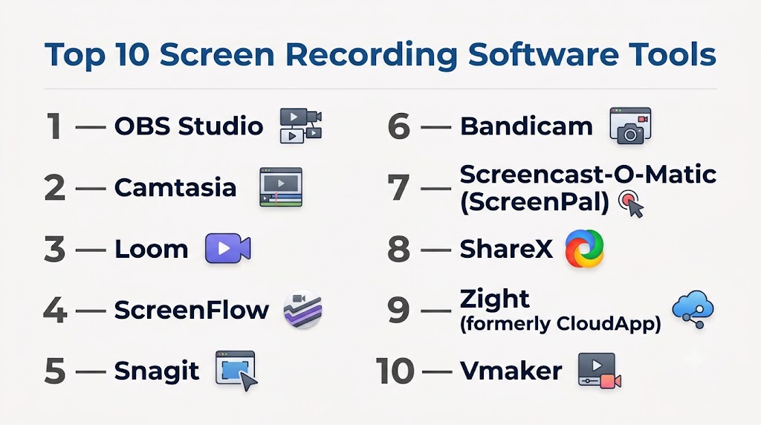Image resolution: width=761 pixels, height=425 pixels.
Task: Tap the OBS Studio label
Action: pyautogui.click(x=189, y=126)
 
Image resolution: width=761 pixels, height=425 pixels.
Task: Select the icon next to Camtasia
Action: pyautogui.click(x=281, y=187)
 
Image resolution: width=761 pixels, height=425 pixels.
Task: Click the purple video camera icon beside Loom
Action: pyautogui.click(x=227, y=248)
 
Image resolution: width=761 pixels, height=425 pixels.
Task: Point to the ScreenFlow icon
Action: pyautogui.click(x=303, y=310)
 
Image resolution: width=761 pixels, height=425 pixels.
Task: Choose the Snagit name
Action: pyautogui.click(x=157, y=372)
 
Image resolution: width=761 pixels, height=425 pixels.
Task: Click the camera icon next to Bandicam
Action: pyautogui.click(x=630, y=126)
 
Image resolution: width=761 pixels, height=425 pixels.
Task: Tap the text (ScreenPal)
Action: pyautogui.click(x=534, y=201)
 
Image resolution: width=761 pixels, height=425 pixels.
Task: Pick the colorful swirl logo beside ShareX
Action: pyautogui.click(x=584, y=248)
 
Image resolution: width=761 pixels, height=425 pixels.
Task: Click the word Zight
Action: pyautogui.click(x=494, y=299)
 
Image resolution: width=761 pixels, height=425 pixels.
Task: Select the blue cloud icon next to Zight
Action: pyautogui.click(x=693, y=310)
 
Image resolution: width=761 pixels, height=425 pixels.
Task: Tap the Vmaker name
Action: pyautogui.click(x=511, y=372)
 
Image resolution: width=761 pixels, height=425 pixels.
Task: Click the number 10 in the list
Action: pyautogui.click(x=395, y=372)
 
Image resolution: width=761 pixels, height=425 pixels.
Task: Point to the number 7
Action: pyautogui.click(x=398, y=188)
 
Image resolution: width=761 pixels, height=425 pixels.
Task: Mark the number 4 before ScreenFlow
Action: pyautogui.click(x=55, y=311)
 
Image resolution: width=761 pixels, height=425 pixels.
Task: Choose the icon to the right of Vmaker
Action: pyautogui.click(x=600, y=371)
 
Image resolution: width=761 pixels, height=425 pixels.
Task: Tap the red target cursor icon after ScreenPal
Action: pyautogui.click(x=632, y=204)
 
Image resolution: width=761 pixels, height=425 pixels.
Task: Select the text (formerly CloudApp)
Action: pyautogui.click(x=560, y=324)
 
